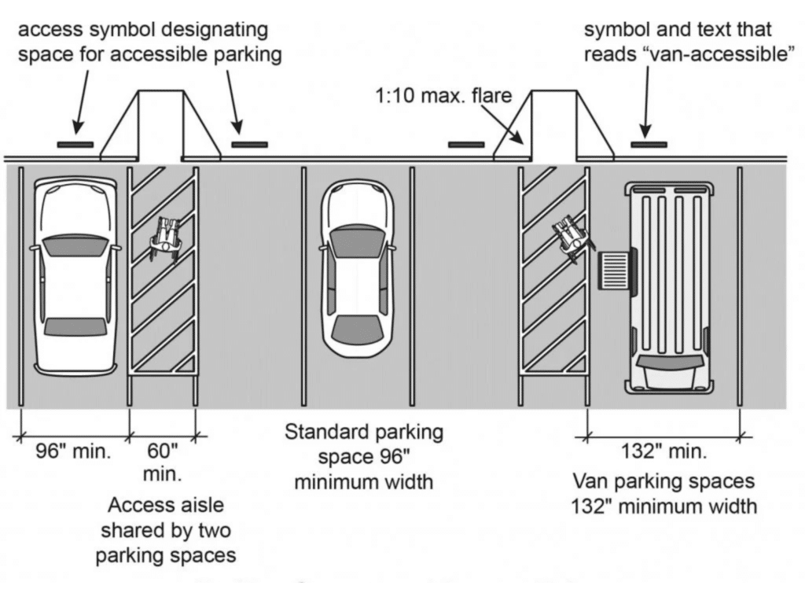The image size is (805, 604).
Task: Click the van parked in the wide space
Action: pos(668,288)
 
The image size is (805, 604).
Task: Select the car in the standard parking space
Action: pos(358,267)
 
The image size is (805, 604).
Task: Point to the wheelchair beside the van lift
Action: pos(573,238)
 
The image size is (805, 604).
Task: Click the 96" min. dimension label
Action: pos(73,451)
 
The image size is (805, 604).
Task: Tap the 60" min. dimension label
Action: pos(162,462)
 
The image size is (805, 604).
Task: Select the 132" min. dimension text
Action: pos(663,451)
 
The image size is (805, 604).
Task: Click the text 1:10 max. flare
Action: pos(443,95)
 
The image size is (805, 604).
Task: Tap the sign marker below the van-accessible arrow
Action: pos(649,145)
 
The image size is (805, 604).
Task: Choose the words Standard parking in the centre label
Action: pos(363,433)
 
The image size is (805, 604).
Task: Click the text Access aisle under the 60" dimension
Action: pos(166,505)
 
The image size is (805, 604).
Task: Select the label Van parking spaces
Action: pos(663,481)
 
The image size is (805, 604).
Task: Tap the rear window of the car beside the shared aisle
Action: pos(75,327)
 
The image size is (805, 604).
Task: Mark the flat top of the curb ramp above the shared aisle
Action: pos(160,91)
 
